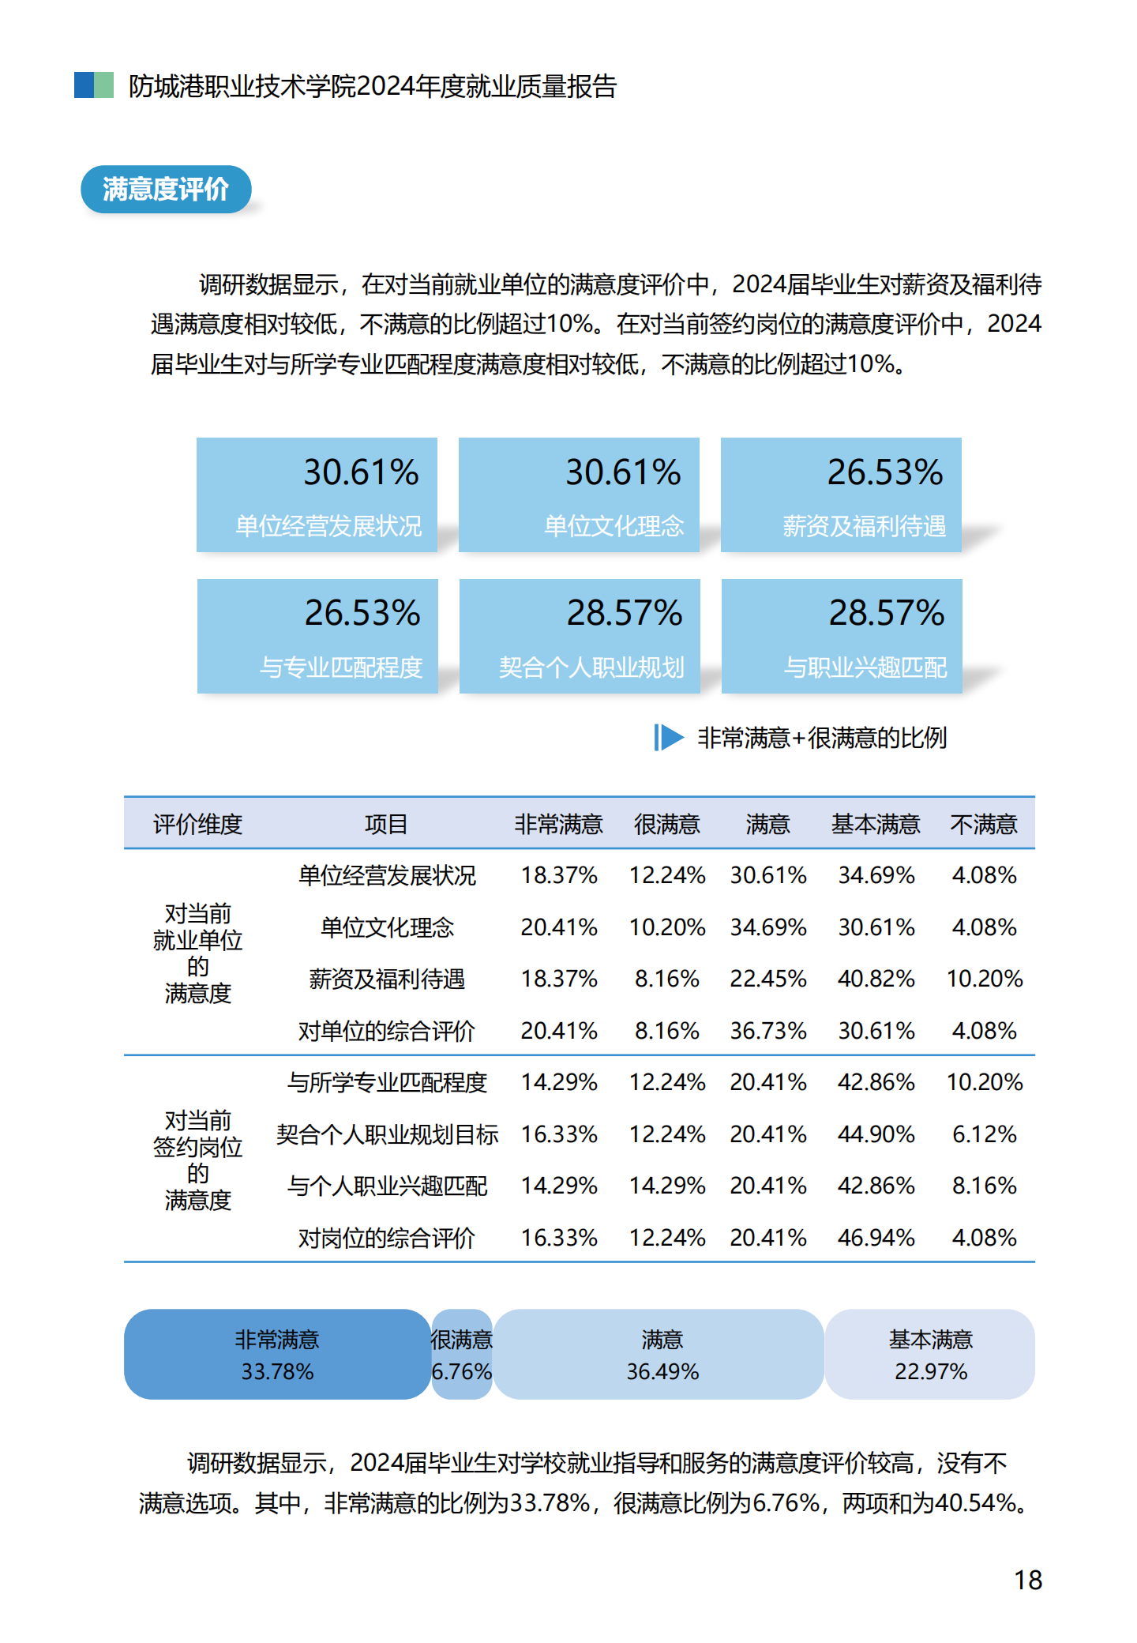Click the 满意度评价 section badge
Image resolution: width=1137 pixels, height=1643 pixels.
[166, 190]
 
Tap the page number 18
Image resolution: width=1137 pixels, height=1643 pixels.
[1028, 1580]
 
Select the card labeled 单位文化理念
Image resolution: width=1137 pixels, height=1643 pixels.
[579, 494]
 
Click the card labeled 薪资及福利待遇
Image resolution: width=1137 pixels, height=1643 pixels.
[841, 494]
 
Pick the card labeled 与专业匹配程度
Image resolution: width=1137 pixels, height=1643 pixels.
[317, 636]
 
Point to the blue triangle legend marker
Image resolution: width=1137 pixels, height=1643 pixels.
[669, 738]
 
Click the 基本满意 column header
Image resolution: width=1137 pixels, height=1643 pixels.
[876, 824]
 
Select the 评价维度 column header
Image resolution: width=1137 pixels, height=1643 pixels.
[197, 824]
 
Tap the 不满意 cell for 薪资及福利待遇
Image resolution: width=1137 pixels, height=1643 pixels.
[984, 979]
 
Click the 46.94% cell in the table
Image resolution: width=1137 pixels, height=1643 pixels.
[876, 1237]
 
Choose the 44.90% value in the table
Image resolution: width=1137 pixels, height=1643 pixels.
[876, 1134]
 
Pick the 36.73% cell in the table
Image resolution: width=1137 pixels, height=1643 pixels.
[767, 1031]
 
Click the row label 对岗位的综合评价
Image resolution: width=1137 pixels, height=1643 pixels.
[386, 1237]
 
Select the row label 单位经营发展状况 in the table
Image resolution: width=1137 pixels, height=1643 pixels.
[386, 875]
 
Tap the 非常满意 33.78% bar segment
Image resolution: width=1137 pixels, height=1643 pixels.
[277, 1355]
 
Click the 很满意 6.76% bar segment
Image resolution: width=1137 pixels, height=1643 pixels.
[462, 1355]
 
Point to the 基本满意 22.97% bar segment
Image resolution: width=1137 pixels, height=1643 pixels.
[930, 1355]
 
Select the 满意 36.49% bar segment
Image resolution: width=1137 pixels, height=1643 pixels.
[662, 1355]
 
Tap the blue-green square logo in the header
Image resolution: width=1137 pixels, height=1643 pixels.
[94, 85]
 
